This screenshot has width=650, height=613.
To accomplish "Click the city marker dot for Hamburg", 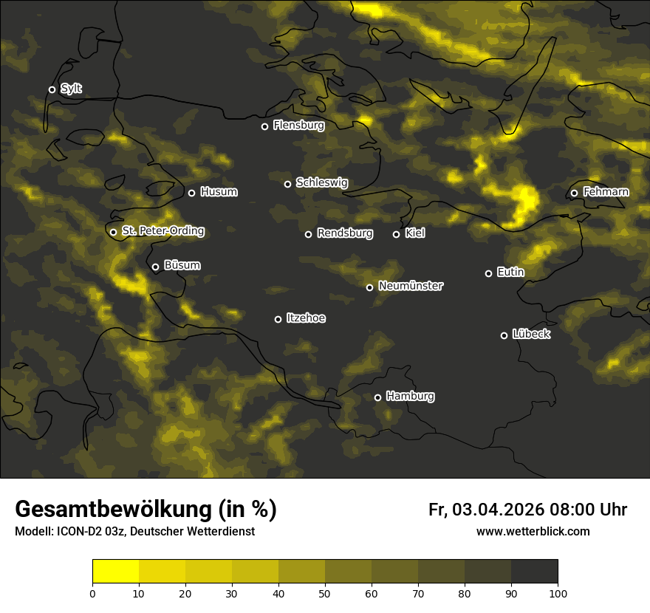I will pos(377,397).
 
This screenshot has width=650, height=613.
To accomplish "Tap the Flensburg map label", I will pos(298,126).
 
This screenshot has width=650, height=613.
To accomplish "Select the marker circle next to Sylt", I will pos(52,89).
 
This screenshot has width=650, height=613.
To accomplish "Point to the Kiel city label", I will pos(414,233).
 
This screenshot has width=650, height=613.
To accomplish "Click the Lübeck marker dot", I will pos(504,335).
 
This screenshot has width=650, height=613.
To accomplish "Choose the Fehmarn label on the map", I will pos(606,192).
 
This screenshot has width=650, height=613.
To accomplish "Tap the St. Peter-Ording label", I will pos(162,231).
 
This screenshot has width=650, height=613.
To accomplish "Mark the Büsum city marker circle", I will pos(155,267).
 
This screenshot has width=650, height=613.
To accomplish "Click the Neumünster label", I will pos(411,286).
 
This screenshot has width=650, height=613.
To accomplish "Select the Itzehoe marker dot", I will pos(278,319).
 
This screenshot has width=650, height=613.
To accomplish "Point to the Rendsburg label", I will pos(345,233).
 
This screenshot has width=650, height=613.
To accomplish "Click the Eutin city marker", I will pos(488,273).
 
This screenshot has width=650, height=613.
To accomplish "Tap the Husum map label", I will pos(219,192).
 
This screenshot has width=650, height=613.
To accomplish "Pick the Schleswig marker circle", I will pos(287,184).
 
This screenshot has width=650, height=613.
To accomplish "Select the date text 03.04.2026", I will pos(499,510).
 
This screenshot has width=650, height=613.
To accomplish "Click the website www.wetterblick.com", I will pos(533,531).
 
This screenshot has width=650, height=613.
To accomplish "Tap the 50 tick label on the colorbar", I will pos(325,592).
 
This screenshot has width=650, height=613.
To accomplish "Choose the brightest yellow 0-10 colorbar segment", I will pos(115,572).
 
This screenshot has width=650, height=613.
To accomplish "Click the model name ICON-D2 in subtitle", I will pos(78,531).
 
